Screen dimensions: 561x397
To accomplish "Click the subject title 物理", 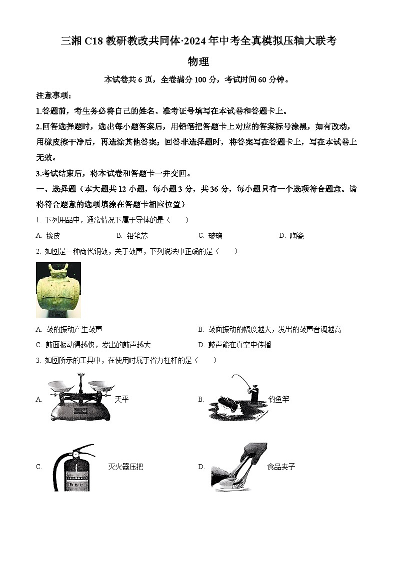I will pyautogui.click(x=198, y=62).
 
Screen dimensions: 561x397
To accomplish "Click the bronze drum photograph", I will pyautogui.click(x=58, y=290).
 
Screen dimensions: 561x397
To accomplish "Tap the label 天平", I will pyautogui.click(x=121, y=399).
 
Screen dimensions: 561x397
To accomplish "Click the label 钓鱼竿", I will pyautogui.click(x=278, y=399).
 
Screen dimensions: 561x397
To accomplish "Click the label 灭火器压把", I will pyautogui.click(x=125, y=467).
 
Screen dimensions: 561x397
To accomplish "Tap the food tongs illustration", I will pyautogui.click(x=237, y=467).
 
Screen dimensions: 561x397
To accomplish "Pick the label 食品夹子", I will pyautogui.click(x=281, y=467).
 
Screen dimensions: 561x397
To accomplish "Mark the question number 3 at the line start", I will pyautogui.click(x=38, y=360).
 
